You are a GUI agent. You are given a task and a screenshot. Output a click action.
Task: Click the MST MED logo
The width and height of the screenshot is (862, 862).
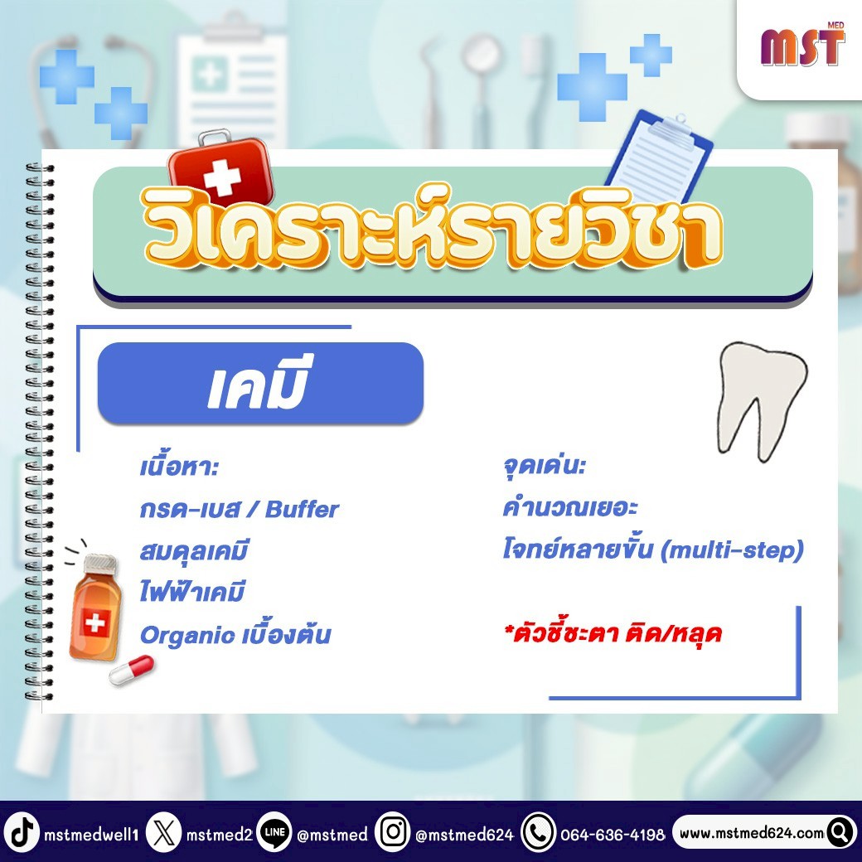(x=802, y=45)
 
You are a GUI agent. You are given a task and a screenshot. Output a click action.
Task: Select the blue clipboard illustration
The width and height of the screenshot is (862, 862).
(x=660, y=156)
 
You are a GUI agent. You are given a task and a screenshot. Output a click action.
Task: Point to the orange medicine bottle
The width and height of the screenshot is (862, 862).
(x=95, y=607)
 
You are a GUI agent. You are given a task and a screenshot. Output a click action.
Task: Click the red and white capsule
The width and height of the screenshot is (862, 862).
(x=132, y=670)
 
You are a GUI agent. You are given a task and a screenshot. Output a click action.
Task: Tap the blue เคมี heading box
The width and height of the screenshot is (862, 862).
(x=260, y=383)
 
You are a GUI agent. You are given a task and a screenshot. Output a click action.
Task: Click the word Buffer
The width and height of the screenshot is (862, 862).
(x=302, y=509)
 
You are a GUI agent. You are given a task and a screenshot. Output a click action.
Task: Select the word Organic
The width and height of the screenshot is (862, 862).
(x=187, y=636)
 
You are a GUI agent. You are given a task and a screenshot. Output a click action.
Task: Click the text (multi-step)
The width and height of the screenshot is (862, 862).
(x=732, y=550)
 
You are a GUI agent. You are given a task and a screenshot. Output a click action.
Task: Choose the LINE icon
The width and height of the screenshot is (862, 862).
(x=274, y=832)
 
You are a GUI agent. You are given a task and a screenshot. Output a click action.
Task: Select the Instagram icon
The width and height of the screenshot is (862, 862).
(x=393, y=832)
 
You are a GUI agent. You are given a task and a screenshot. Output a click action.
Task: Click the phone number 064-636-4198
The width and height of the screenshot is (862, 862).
(x=613, y=835)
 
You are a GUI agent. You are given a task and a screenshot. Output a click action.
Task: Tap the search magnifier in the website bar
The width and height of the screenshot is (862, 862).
(x=840, y=833)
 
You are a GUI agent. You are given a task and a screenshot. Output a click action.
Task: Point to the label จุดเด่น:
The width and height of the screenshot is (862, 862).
(x=545, y=466)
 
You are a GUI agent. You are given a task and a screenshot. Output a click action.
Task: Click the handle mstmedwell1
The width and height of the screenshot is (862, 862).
(x=91, y=835)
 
